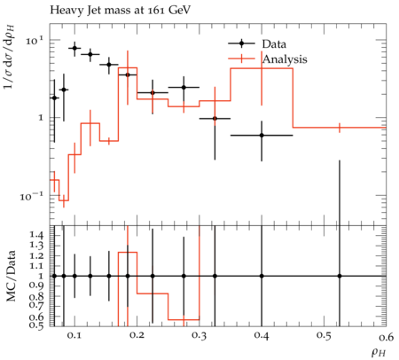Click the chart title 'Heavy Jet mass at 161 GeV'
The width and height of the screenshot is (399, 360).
[x=120, y=11]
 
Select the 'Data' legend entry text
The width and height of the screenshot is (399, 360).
[x=274, y=44]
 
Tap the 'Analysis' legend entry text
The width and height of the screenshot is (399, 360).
[x=285, y=59]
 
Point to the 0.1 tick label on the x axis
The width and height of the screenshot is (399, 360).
[x=74, y=336]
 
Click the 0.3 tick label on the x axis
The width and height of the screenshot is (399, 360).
[x=199, y=336]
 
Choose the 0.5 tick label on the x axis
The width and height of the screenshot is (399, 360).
[x=325, y=336]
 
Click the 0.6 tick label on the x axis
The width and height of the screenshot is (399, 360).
[x=387, y=337]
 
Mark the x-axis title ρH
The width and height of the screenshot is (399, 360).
[x=379, y=352]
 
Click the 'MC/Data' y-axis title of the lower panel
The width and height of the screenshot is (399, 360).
[x=12, y=276]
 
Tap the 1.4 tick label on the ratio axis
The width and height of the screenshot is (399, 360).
[x=36, y=235]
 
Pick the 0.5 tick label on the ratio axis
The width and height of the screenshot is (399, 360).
[x=36, y=325]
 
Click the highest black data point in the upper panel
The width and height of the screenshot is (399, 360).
[x=74, y=48]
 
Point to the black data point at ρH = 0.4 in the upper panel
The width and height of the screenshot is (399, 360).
[x=262, y=136]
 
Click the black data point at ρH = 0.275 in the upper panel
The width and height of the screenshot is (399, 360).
[x=184, y=87]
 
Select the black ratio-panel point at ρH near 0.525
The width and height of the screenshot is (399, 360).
[x=340, y=276]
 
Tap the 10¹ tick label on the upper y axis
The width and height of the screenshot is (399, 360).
[x=35, y=40]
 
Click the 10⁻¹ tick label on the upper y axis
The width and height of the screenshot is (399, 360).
[x=31, y=196]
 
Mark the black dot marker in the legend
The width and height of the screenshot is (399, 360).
[x=241, y=43]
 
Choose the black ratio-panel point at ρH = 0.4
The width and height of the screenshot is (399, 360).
[x=262, y=276]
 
